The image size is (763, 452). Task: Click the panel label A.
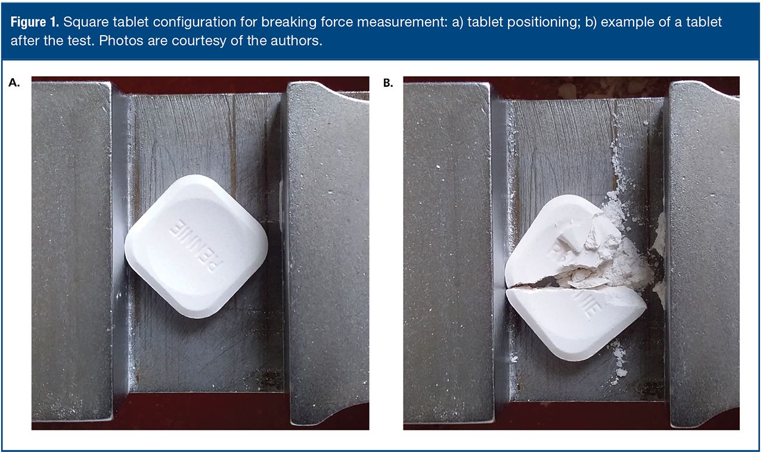[14, 83]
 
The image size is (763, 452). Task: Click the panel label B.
[388, 83]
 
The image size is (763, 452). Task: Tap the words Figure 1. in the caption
[35, 22]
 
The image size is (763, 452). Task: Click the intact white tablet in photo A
[196, 247]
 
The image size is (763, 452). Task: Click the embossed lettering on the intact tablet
[196, 246]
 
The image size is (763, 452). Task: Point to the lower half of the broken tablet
[576, 322]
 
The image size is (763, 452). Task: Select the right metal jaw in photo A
[328, 254]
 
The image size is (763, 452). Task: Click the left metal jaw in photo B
[448, 252]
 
